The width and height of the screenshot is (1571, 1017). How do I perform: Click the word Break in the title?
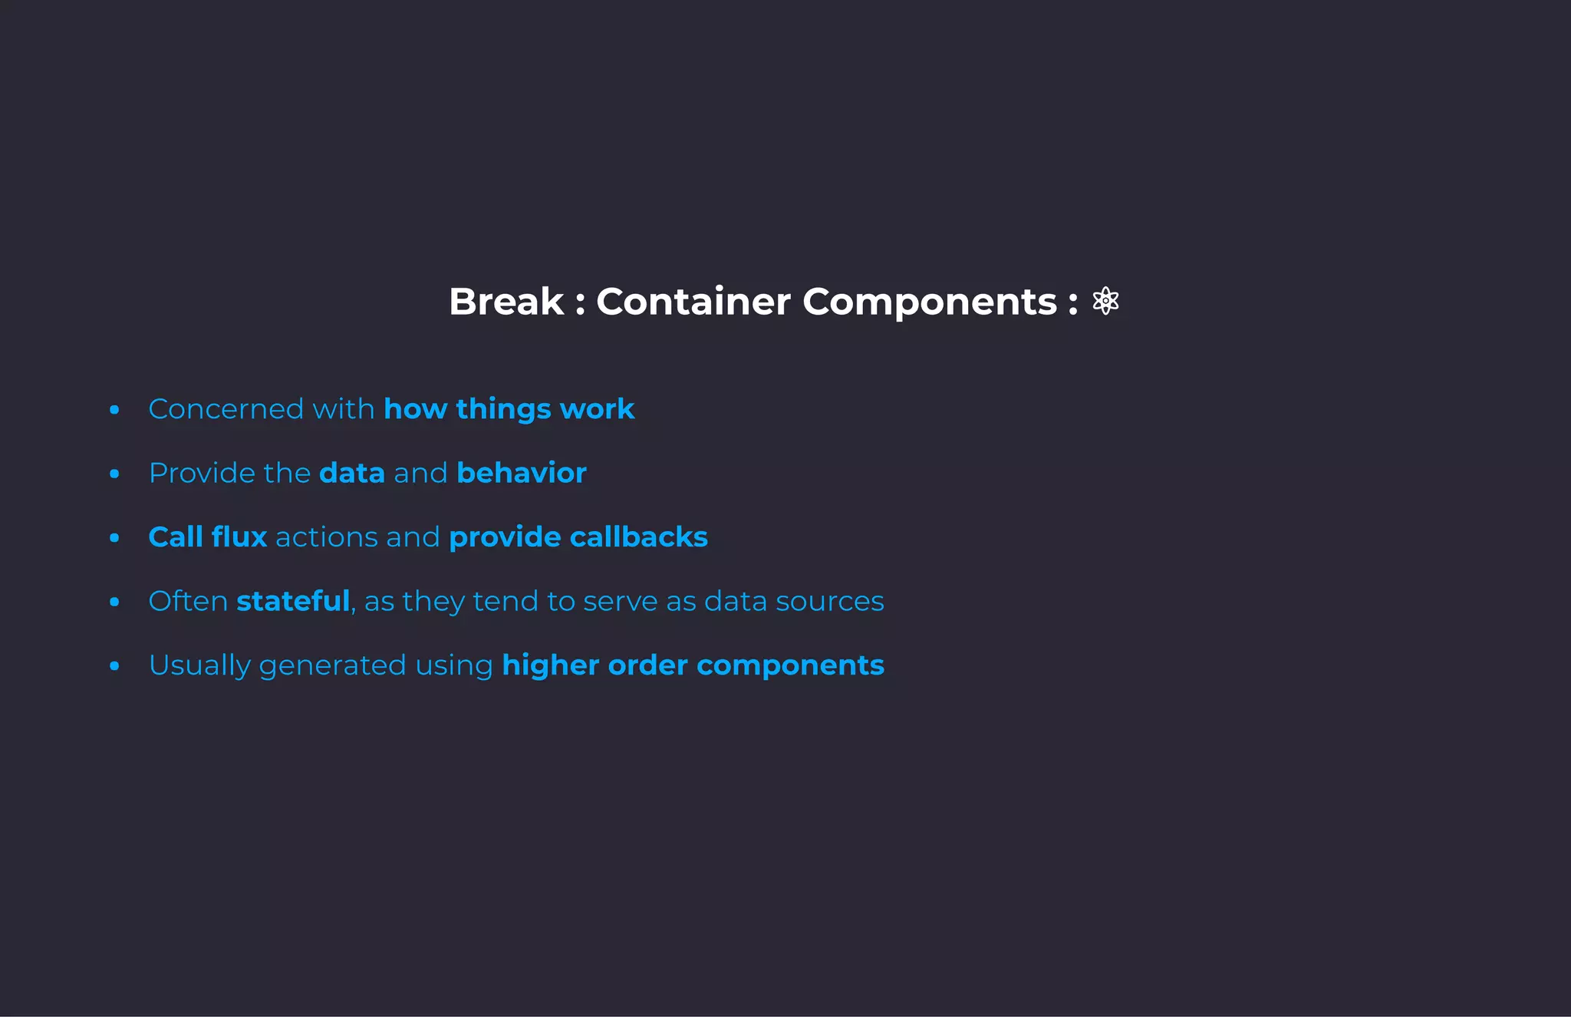(506, 302)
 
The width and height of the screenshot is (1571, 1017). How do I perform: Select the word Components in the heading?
(930, 302)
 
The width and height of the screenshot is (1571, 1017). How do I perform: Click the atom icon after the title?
(1105, 301)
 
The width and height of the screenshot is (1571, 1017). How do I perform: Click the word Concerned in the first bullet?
(226, 409)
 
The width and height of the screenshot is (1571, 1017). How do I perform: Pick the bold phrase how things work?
(509, 409)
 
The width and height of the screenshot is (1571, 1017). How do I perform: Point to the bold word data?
(352, 473)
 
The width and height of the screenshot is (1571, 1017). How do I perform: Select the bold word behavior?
(521, 473)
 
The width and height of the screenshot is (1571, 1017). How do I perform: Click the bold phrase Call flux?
(207, 537)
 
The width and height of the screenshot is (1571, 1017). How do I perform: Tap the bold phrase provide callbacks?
(578, 537)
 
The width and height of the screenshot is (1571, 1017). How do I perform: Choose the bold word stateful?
(293, 601)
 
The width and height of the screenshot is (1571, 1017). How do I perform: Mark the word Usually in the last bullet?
(199, 665)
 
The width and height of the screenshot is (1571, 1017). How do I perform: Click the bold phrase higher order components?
(693, 665)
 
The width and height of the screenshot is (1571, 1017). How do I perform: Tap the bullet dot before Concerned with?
(114, 410)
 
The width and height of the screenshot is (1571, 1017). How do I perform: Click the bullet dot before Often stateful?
(114, 602)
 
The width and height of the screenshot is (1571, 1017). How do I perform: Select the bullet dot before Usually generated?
(114, 666)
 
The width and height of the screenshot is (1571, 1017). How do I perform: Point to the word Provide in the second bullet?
(202, 473)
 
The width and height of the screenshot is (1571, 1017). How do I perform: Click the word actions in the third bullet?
(326, 537)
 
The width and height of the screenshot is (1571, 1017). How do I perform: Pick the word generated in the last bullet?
(332, 665)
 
